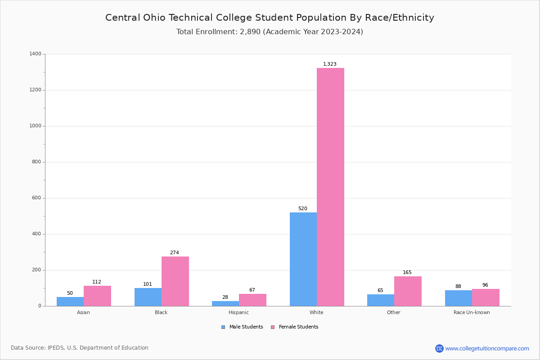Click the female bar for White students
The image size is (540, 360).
click(330, 187)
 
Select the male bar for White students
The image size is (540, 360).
click(303, 259)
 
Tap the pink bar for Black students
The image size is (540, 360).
click(175, 281)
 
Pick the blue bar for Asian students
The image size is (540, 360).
click(70, 301)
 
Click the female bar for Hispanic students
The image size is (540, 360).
click(252, 300)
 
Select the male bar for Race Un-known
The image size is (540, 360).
click(458, 298)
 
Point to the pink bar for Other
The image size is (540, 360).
click(408, 291)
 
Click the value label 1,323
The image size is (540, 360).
click(330, 64)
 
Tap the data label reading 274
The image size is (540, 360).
click(175, 253)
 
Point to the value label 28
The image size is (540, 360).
click(225, 297)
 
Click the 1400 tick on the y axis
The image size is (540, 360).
click(35, 54)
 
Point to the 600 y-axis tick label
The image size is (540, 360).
click(36, 198)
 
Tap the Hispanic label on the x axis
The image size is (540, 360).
click(238, 312)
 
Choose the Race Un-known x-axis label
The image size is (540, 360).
click(472, 312)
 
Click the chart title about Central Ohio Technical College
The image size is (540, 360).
click(270, 18)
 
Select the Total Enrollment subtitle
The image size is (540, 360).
click(270, 32)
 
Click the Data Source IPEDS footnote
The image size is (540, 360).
click(80, 348)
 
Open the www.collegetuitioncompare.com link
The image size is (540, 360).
click(487, 348)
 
